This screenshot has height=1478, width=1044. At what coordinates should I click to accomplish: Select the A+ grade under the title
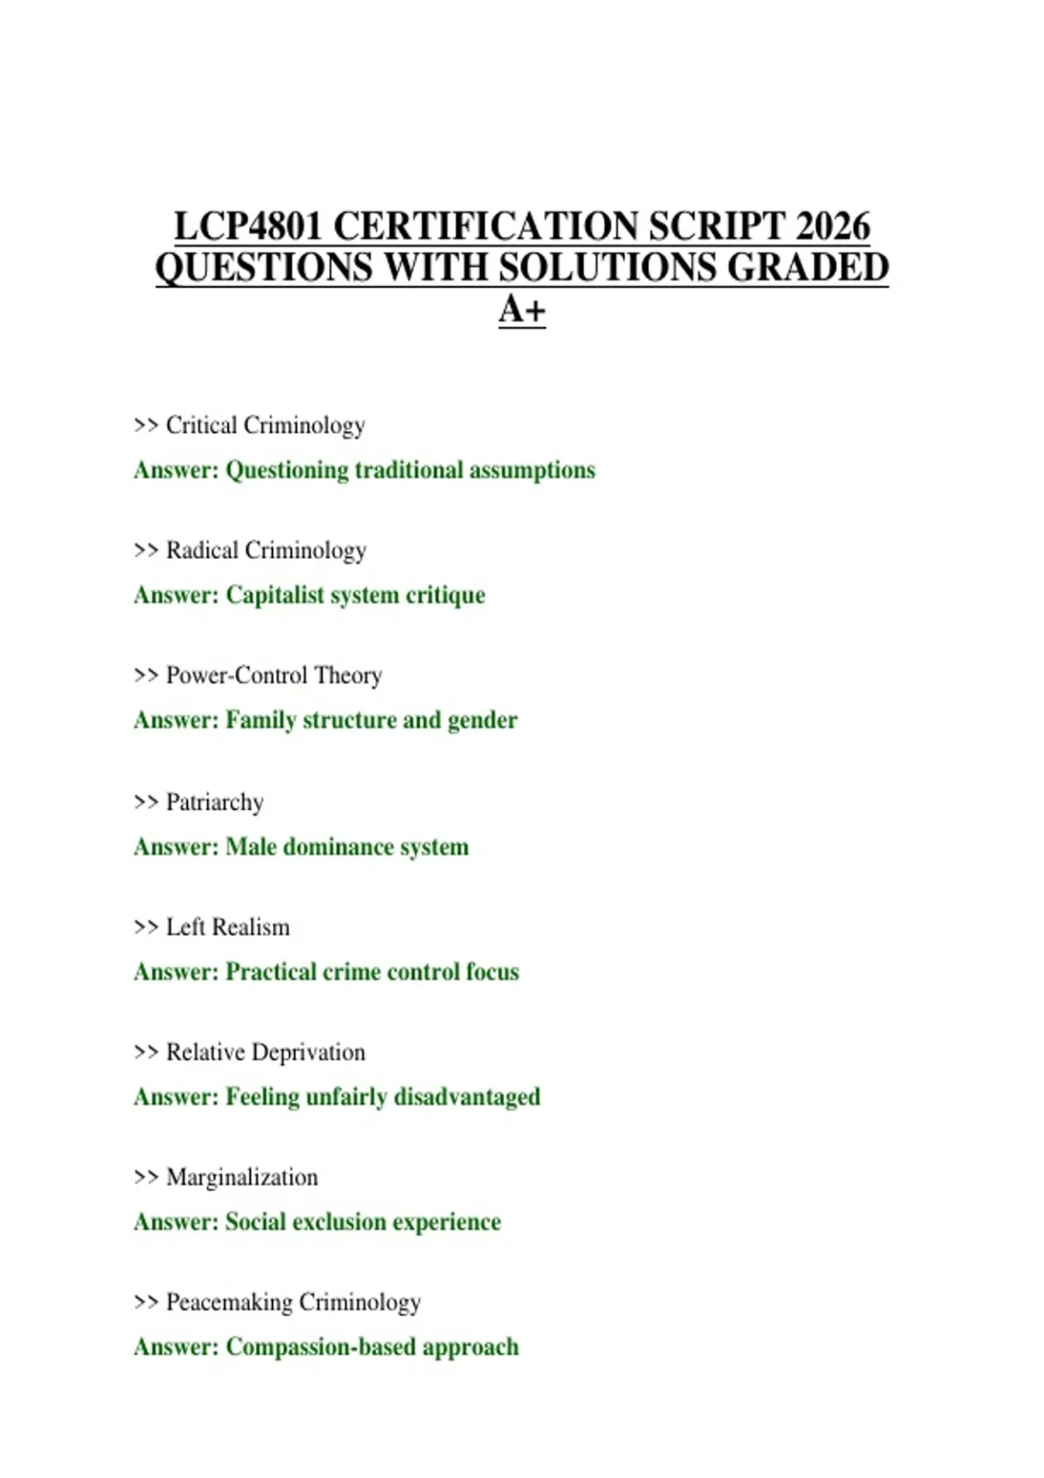tap(522, 310)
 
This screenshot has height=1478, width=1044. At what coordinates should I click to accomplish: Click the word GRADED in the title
tap(807, 268)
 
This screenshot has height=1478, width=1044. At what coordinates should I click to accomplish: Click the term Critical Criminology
tap(265, 425)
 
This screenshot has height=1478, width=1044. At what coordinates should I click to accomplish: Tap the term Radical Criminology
tap(266, 550)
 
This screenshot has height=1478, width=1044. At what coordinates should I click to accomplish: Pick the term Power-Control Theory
tap(274, 676)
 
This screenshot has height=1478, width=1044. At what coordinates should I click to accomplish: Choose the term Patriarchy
tap(215, 802)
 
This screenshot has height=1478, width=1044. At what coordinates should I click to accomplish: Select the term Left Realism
tap(228, 928)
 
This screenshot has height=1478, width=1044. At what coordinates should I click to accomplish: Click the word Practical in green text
tap(271, 972)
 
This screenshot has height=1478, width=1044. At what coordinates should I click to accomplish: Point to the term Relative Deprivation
tap(265, 1052)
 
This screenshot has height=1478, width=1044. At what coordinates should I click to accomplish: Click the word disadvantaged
tap(467, 1097)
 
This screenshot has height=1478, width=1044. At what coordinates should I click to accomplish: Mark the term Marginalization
tap(242, 1177)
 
